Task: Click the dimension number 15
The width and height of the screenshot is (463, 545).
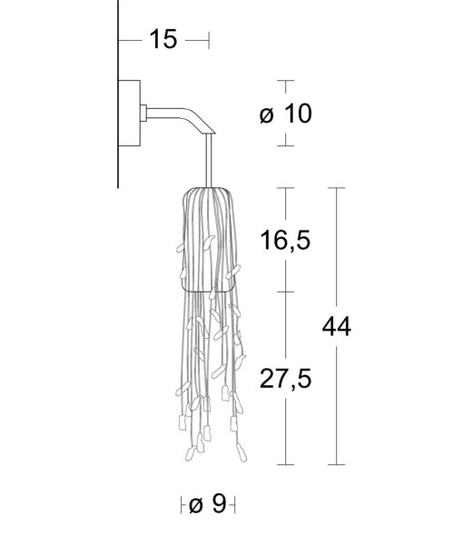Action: pos(163,39)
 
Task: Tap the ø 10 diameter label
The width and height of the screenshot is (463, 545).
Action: pos(285,114)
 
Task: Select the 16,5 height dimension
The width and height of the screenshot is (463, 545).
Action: pos(285,240)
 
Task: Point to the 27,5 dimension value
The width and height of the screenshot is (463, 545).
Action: pos(285,379)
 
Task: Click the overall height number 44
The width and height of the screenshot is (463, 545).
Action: pos(337,327)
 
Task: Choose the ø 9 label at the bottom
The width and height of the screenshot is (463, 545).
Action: pos(208,503)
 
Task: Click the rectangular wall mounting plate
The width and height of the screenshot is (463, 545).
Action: pos(129,114)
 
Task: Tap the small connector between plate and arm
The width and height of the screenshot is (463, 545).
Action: pos(143,113)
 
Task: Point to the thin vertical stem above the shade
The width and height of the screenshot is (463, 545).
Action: pos(209,161)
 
